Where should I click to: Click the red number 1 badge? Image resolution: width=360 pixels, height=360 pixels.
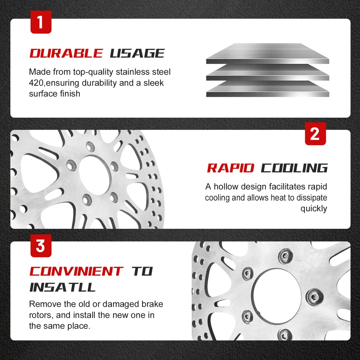[40, 22]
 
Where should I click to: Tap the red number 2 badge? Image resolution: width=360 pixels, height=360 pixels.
[315, 133]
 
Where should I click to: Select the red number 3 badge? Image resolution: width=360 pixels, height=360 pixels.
[40, 246]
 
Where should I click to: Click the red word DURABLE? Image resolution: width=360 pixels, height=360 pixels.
[66, 53]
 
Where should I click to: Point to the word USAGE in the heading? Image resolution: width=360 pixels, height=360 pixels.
[137, 53]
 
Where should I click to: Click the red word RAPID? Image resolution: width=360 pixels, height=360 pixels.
[231, 168]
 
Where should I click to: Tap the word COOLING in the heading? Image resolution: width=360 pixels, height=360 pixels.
[294, 168]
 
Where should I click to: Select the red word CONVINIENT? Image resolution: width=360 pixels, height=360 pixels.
[76, 271]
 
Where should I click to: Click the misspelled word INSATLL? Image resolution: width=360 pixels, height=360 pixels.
[62, 287]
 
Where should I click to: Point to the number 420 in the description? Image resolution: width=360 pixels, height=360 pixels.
[36, 82]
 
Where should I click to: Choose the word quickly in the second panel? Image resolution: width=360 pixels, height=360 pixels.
[313, 208]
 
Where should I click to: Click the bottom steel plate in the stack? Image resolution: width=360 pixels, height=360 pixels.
[267, 89]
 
